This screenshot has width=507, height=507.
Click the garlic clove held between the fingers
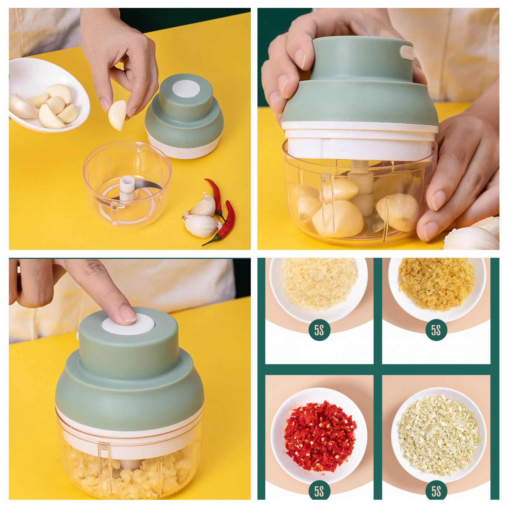pos(117,115)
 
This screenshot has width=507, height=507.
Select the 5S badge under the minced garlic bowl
pos(319,330)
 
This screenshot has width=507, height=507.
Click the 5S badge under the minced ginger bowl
pos(436,330)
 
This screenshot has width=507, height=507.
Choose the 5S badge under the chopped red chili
pos(319,491)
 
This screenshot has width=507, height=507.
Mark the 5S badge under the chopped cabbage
pos(436,491)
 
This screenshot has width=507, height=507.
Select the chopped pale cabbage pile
pos(439,435)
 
